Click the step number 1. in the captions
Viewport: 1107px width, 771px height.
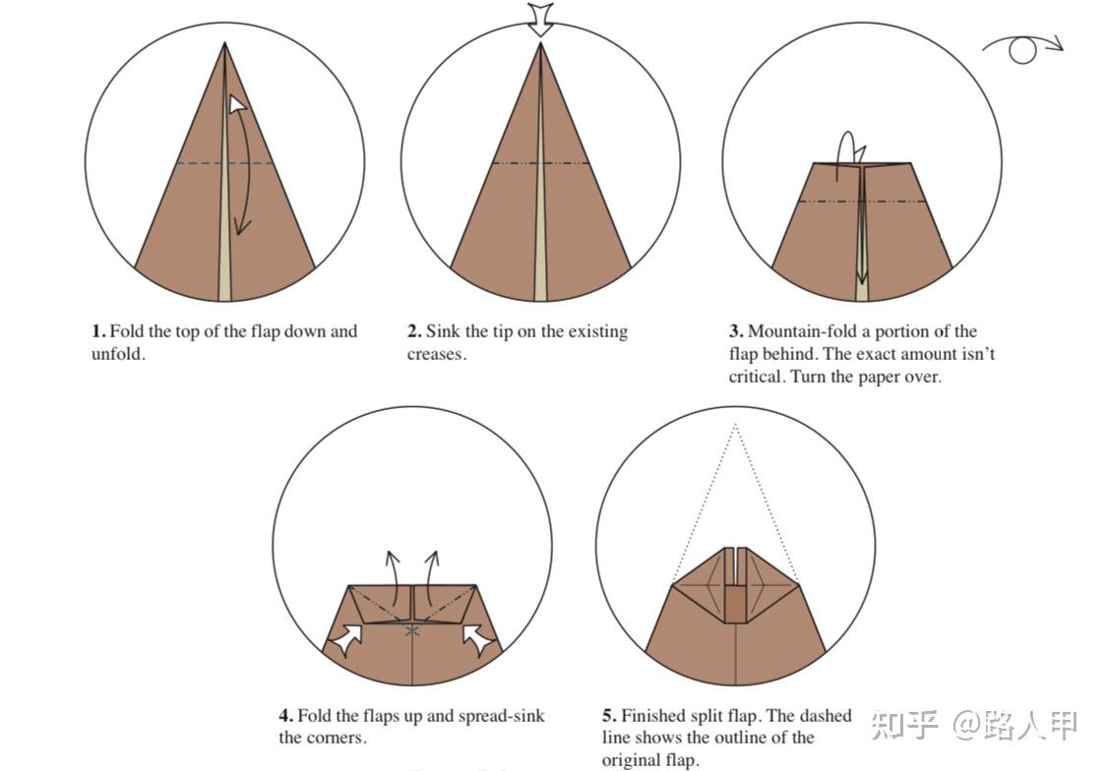[98, 331]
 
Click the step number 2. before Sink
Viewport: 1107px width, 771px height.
[414, 331]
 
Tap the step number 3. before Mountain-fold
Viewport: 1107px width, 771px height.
[736, 331]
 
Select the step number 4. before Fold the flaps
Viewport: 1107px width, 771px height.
[286, 716]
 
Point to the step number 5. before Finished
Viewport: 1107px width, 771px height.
[609, 716]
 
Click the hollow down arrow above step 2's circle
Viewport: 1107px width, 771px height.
[541, 19]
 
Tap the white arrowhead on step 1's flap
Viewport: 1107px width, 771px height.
[236, 104]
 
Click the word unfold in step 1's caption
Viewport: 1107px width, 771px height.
[116, 354]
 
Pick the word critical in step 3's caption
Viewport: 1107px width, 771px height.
[756, 377]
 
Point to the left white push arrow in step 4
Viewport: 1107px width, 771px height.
[347, 639]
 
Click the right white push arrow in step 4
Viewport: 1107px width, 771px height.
[477, 639]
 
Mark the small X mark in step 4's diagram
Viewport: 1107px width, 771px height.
[412, 630]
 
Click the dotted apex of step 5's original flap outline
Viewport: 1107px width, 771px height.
[735, 425]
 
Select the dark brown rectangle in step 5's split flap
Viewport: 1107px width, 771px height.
[736, 604]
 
